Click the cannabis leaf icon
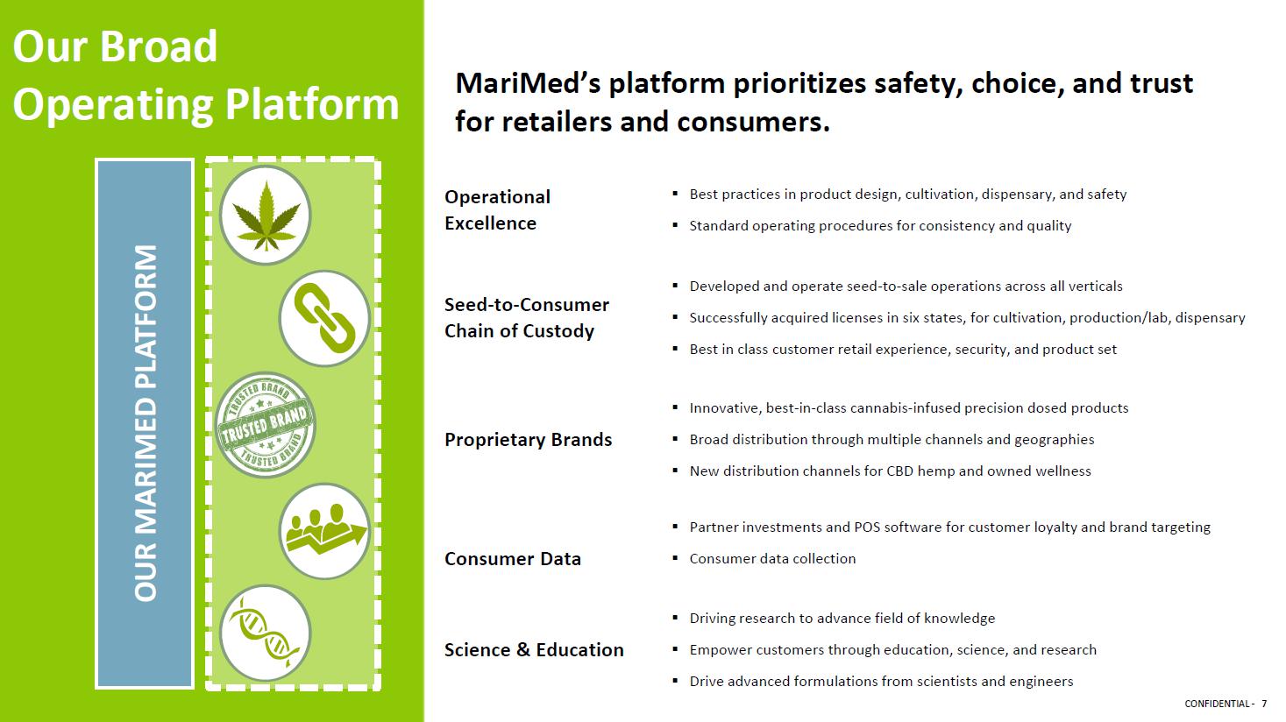266,216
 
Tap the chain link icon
324,319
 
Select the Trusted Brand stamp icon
266,425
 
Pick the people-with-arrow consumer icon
324,531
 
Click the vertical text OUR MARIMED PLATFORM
146,423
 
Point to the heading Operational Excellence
497,210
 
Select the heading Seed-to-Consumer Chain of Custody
527,317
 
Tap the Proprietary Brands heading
529,440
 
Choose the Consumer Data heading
513,558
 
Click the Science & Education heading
534,649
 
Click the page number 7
1264,704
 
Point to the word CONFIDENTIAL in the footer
1217,704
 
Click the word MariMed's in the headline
528,84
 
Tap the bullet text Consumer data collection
772,558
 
